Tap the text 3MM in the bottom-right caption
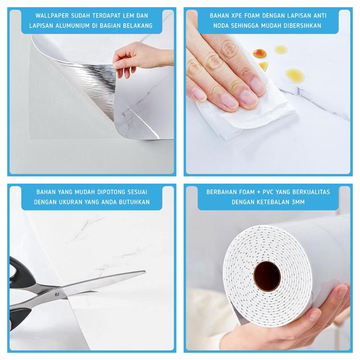point(298,202)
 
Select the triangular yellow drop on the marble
point(264,66)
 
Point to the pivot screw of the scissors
point(58,294)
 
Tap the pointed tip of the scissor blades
point(145,272)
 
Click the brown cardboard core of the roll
point(267,276)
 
